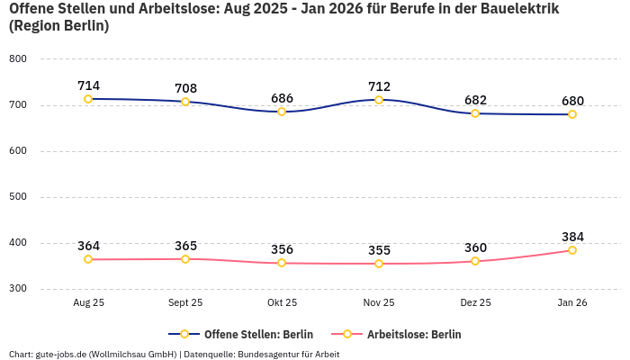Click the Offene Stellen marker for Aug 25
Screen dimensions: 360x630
pyautogui.click(x=88, y=99)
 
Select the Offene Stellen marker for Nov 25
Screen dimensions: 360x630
pyautogui.click(x=379, y=100)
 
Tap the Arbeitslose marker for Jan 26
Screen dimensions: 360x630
pyautogui.click(x=571, y=250)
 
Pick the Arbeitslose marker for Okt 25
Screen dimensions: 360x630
pyautogui.click(x=282, y=263)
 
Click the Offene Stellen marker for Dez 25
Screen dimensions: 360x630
pyautogui.click(x=475, y=113)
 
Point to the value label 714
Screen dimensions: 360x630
pyautogui.click(x=88, y=85)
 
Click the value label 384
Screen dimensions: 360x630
pyautogui.click(x=572, y=237)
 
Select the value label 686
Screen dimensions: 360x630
pyautogui.click(x=282, y=98)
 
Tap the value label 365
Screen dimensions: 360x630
pyautogui.click(x=185, y=246)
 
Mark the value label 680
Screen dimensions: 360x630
pyautogui.click(x=572, y=101)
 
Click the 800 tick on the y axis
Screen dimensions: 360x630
pyautogui.click(x=18, y=59)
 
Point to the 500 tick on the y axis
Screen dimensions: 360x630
pyautogui.click(x=18, y=197)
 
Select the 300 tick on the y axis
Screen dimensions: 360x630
pyautogui.click(x=18, y=289)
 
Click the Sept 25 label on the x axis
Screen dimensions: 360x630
pyautogui.click(x=185, y=303)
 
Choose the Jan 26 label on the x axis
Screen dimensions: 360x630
pyautogui.click(x=572, y=303)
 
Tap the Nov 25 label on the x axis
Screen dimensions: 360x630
pyautogui.click(x=379, y=303)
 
